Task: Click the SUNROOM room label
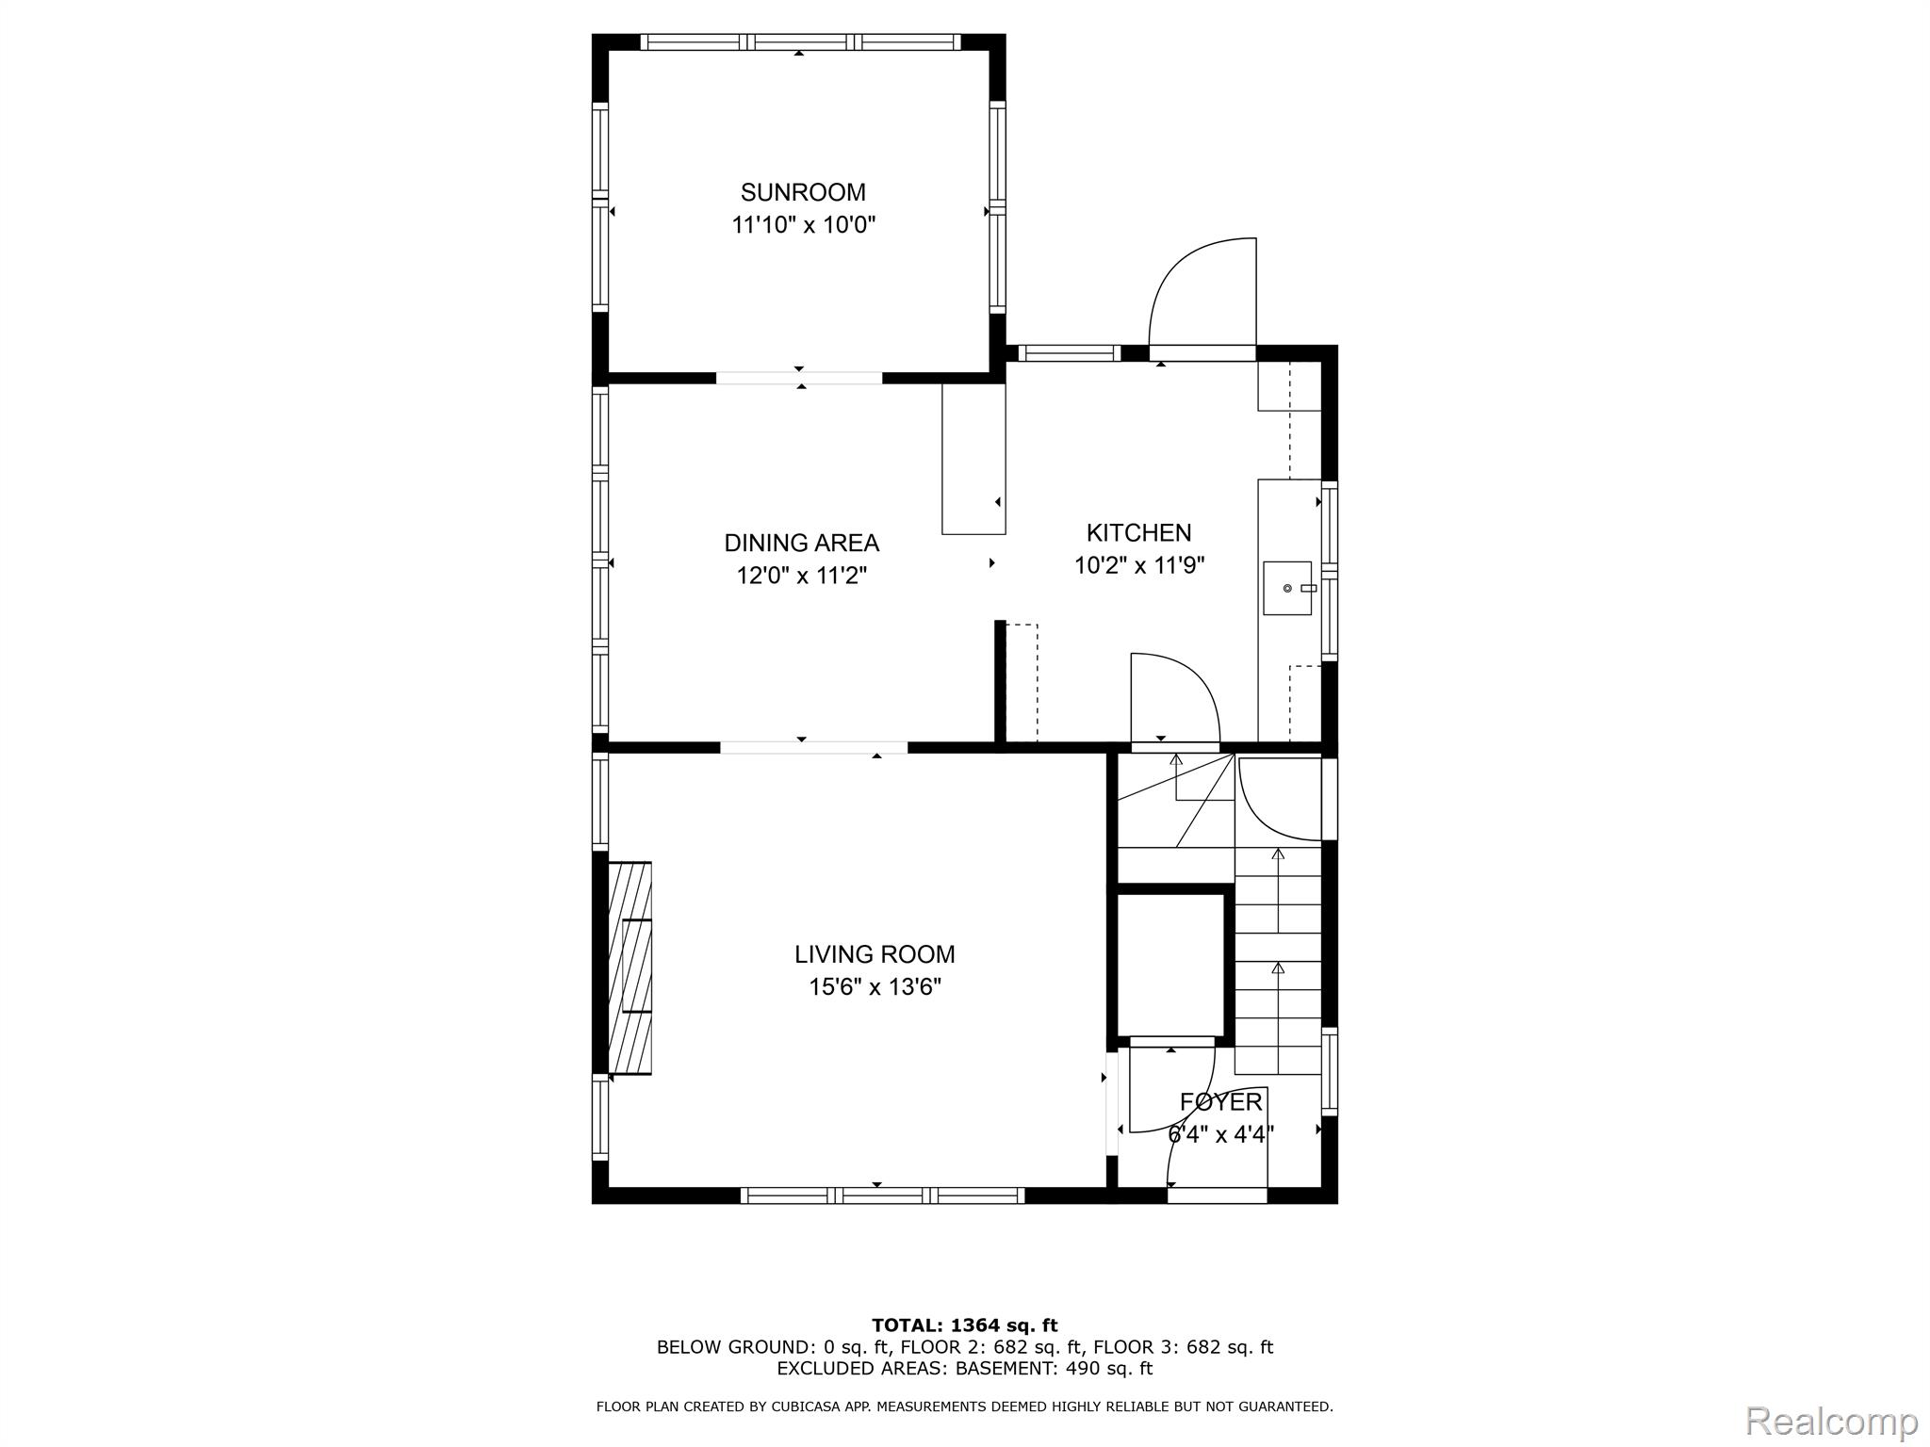(x=803, y=192)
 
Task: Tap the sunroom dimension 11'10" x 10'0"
(x=804, y=225)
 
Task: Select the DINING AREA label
(x=801, y=543)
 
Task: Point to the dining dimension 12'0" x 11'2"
(x=801, y=576)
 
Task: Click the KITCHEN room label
(x=1138, y=533)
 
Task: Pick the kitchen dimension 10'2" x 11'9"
(x=1139, y=565)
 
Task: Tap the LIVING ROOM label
(x=875, y=954)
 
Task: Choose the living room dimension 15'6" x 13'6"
(x=875, y=987)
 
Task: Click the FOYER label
(x=1220, y=1101)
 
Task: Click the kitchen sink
(x=1288, y=588)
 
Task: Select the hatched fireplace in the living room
(x=630, y=967)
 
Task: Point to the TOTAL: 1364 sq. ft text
(x=964, y=1325)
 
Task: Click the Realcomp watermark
(x=1832, y=1420)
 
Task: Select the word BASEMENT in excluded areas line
(x=1006, y=1368)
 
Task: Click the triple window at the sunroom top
(x=800, y=41)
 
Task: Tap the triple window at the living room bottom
(x=882, y=1195)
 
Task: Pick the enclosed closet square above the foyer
(x=1169, y=966)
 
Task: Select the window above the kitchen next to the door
(x=1070, y=353)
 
